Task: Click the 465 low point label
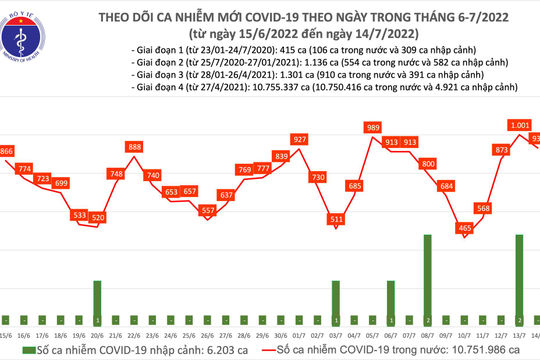[464, 228]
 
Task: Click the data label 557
[208, 211]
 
